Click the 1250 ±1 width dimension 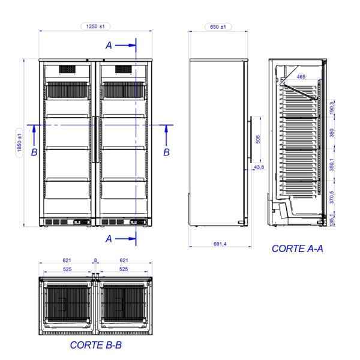pyautogui.click(x=95, y=26)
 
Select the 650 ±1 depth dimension pyautogui.click(x=218, y=27)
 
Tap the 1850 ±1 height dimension pyautogui.click(x=20, y=143)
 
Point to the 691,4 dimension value pyautogui.click(x=220, y=244)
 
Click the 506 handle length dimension pyautogui.click(x=258, y=139)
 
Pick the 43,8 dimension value pyautogui.click(x=259, y=167)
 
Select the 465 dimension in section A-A pyautogui.click(x=301, y=76)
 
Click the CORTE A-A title pyautogui.click(x=298, y=248)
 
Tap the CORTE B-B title pyautogui.click(x=96, y=345)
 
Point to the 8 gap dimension pyautogui.click(x=95, y=260)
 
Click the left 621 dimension pyautogui.click(x=67, y=260)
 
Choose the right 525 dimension pyautogui.click(x=124, y=269)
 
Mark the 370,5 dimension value pyautogui.click(x=332, y=197)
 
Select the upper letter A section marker pyautogui.click(x=109, y=46)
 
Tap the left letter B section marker pyautogui.click(x=34, y=152)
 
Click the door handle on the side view pyautogui.click(x=251, y=139)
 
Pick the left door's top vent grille pyautogui.click(x=67, y=70)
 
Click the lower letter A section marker pyautogui.click(x=109, y=239)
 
